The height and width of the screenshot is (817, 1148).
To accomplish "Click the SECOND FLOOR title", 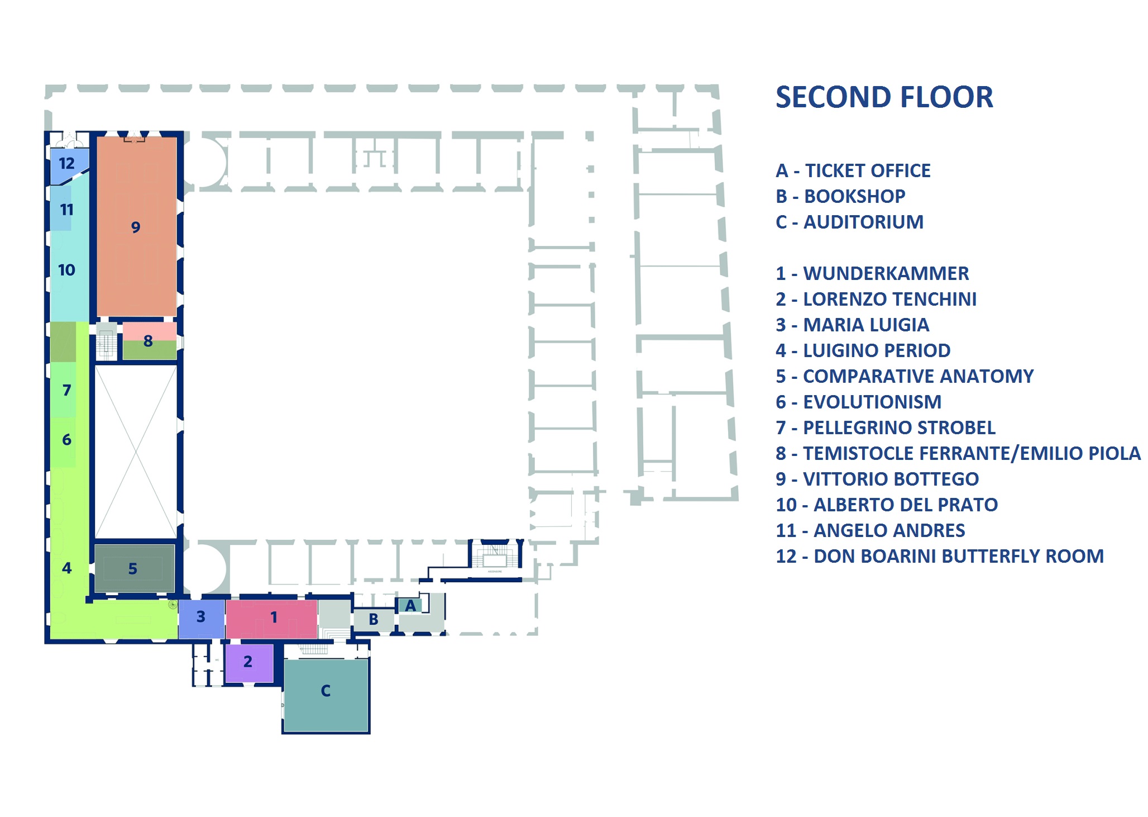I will (884, 97).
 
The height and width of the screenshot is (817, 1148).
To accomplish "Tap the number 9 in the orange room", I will (136, 227).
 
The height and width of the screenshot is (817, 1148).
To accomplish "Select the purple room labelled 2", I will (248, 662).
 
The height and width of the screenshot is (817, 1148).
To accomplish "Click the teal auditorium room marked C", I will (326, 693).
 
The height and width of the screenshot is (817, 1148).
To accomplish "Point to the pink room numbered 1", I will (273, 617).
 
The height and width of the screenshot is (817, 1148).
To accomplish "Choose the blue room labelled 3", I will (201, 617).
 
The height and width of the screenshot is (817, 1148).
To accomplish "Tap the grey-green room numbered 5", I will (133, 569).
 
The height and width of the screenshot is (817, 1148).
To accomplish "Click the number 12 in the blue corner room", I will (66, 164).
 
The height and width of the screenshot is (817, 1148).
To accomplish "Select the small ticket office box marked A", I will (410, 605).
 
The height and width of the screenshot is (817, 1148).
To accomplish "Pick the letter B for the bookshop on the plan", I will (374, 619).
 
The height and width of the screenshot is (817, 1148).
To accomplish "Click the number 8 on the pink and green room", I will (148, 341).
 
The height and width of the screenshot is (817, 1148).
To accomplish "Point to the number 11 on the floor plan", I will (66, 210).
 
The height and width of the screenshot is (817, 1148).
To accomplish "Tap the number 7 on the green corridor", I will (66, 390).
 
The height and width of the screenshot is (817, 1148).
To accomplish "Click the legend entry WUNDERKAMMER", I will (886, 274).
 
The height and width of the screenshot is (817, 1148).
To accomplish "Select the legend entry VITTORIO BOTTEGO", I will (891, 479).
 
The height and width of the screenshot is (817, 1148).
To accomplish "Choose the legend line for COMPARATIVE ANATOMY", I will (918, 377).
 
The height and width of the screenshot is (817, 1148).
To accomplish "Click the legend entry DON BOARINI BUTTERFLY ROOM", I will (958, 557).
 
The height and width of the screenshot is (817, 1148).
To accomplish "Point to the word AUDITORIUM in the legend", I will (863, 222).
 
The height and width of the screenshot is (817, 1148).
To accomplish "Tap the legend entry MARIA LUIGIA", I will (866, 325).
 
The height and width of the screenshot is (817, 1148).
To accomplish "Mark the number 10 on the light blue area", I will (66, 270).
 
